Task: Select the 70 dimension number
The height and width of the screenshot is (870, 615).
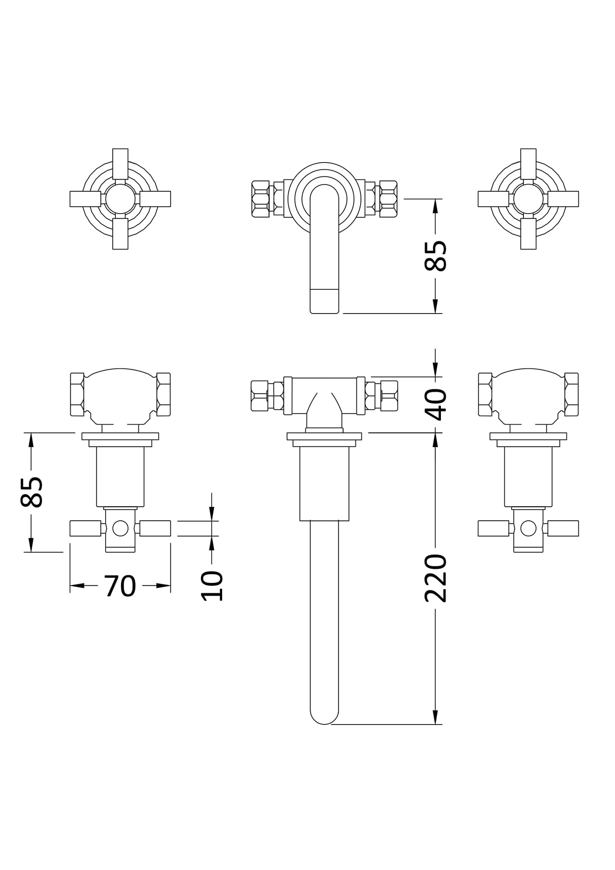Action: click(120, 586)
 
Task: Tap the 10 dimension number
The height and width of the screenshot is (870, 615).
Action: click(212, 586)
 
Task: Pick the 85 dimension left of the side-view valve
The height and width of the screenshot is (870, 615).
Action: click(31, 492)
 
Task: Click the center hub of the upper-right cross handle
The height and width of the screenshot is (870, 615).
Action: click(528, 199)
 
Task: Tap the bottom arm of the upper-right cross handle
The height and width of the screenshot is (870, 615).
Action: click(528, 234)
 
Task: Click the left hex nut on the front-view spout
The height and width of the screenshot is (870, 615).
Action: click(260, 199)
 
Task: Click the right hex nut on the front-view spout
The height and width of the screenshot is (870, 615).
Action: click(388, 199)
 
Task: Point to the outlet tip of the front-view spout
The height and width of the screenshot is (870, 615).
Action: click(324, 302)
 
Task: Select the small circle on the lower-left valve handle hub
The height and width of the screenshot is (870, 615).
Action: click(120, 528)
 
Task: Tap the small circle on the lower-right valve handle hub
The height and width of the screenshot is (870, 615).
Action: click(528, 528)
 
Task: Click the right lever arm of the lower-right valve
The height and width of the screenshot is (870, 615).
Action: click(563, 528)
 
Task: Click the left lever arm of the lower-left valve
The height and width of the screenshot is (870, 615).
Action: click(85, 528)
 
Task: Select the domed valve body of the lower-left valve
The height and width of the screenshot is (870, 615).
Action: click(120, 394)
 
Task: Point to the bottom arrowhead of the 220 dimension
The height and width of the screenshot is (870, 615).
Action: click(435, 717)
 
